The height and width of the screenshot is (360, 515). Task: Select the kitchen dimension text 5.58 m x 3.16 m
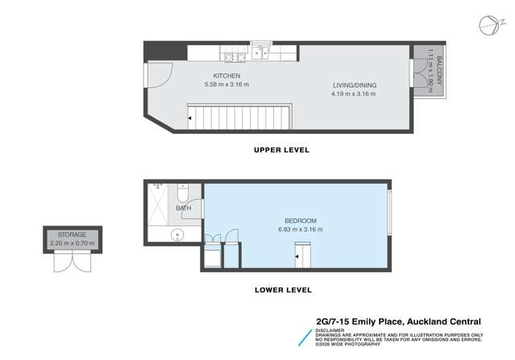226,85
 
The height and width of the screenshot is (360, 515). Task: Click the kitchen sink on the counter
261,53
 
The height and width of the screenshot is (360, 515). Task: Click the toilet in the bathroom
183,195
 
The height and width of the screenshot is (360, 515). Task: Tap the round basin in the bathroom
178,236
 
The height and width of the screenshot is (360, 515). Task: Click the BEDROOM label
300,221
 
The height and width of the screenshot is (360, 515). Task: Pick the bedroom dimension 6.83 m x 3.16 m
300,230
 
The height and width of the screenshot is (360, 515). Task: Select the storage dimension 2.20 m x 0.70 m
72,243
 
